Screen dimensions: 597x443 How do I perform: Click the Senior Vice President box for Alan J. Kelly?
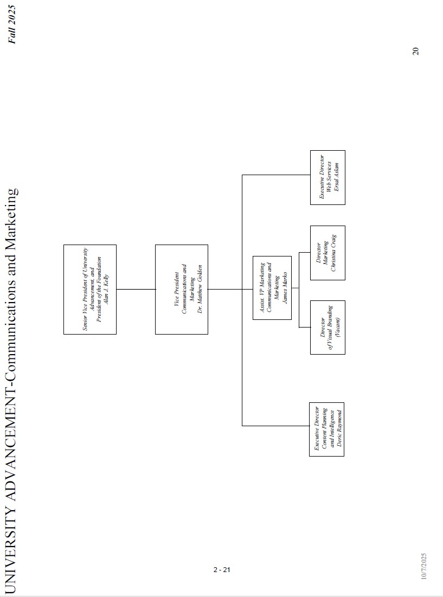(90, 289)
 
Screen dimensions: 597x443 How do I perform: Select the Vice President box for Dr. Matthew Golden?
(181, 289)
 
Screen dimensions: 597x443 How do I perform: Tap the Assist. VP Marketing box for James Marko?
(272, 287)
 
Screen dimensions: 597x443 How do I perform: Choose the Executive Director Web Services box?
(328, 177)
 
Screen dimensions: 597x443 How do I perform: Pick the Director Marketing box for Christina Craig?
(328, 253)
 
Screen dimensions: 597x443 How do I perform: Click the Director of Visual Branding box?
(328, 327)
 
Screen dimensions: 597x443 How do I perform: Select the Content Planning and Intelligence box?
(326, 429)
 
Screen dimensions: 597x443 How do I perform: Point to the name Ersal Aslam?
(336, 177)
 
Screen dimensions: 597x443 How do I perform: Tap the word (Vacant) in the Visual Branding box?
(337, 327)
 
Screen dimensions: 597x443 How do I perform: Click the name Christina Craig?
(334, 253)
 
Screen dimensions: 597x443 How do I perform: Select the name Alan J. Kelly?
(107, 289)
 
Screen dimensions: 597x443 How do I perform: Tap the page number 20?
(415, 51)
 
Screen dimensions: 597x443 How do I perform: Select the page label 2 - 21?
(222, 569)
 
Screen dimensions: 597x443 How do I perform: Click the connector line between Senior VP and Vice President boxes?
(136, 289)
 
